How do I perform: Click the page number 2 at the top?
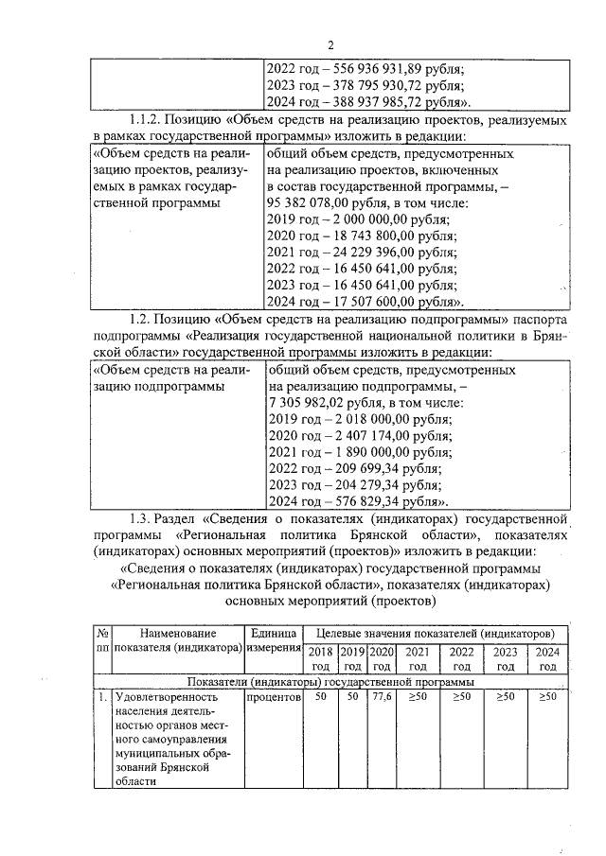331,44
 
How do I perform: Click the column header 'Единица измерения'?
273,640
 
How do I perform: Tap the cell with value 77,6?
382,697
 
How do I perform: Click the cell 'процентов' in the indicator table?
273,697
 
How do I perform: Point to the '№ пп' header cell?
101,640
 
